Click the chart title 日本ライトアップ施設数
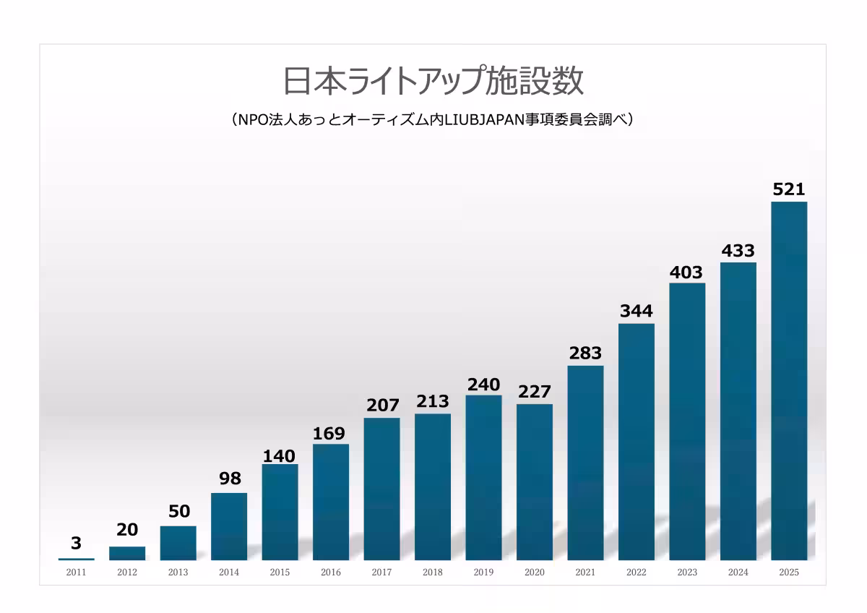433,81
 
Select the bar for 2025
789,380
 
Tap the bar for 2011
77,559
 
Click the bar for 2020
535,481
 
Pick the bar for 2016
331,502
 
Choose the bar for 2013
178,543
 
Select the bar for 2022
637,441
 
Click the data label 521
789,189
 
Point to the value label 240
483,385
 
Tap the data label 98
229,479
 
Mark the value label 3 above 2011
77,544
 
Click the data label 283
585,353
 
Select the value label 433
738,251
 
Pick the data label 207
381,406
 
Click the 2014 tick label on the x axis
229,573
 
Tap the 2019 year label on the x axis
483,573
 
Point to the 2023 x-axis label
687,573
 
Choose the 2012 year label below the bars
127,573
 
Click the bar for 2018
433,486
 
